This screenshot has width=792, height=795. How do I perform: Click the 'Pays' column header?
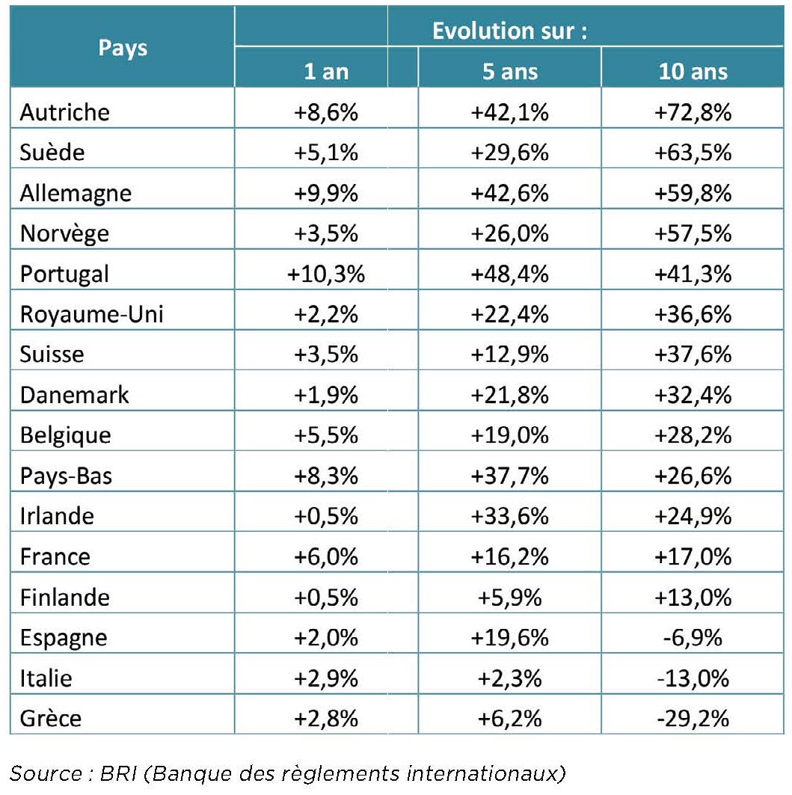point(123,48)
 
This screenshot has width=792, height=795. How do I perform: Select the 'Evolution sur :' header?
point(509,31)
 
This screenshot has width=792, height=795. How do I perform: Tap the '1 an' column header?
point(326,71)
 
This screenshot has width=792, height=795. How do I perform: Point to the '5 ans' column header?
point(509,71)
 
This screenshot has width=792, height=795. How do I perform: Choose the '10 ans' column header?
point(693,71)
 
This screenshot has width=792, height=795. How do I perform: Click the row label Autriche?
point(64,112)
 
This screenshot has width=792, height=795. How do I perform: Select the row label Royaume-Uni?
point(91,314)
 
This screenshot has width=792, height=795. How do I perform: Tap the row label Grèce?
point(51,718)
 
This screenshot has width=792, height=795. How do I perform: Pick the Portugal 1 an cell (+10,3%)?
point(326,274)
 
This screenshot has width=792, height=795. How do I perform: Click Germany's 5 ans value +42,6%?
point(509,193)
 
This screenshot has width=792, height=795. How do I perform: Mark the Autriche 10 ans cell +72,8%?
point(693,112)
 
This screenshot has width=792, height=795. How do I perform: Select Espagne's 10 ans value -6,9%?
point(693,637)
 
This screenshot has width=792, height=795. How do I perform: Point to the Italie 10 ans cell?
point(693,678)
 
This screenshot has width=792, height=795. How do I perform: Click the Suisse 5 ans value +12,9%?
point(509,354)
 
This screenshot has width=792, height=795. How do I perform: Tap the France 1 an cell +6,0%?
point(326,556)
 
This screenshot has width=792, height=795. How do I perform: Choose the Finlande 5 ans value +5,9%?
point(509,597)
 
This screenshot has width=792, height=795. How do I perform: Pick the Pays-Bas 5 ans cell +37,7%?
point(509,476)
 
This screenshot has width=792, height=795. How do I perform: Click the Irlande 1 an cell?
point(326,516)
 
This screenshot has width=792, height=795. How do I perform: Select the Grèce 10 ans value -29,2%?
point(693,718)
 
